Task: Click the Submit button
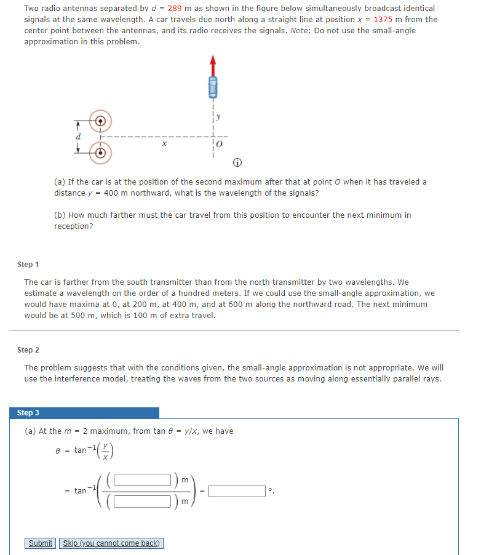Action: point(41,543)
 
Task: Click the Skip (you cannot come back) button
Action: point(111,543)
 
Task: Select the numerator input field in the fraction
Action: point(141,479)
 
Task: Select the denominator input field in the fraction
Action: point(141,501)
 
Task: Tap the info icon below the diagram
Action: point(237,162)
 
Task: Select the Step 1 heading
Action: point(28,264)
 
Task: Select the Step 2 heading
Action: point(28,349)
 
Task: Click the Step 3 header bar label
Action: point(28,413)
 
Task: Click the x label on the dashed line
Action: point(163,143)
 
